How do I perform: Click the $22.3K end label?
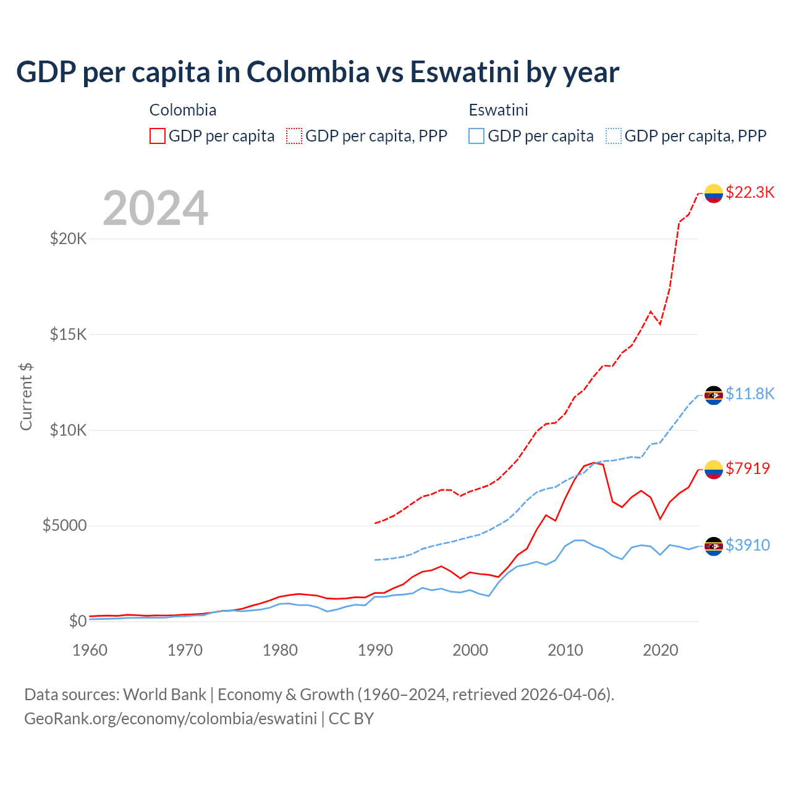(750, 192)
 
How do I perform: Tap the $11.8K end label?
(750, 394)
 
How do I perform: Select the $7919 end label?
(748, 468)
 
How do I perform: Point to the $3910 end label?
(748, 545)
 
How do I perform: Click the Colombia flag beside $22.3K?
(714, 193)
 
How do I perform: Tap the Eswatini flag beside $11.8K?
(714, 395)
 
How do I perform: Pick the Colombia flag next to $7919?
(714, 470)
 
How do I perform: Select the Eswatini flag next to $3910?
(714, 546)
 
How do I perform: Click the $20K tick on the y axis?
(68, 239)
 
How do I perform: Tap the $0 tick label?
(78, 621)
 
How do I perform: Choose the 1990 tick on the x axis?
(375, 650)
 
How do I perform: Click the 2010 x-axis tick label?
(565, 650)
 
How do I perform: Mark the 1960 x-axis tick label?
(90, 650)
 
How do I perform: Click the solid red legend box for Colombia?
(158, 136)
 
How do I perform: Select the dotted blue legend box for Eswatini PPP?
(614, 136)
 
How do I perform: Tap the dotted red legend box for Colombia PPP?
(294, 136)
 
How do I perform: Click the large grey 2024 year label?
(155, 208)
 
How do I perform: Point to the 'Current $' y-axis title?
(26, 397)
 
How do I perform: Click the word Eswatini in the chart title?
(464, 72)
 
